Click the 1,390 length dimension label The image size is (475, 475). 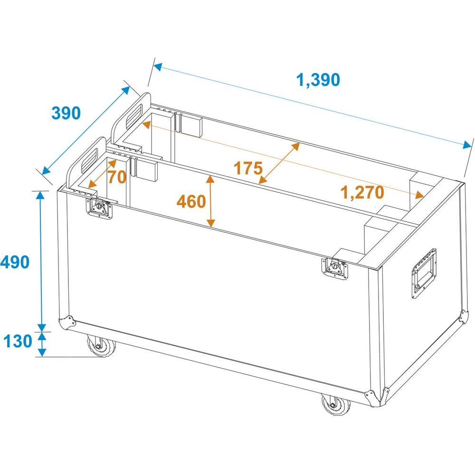point(318,80)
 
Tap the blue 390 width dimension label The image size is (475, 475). point(66,113)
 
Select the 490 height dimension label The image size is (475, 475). point(15,262)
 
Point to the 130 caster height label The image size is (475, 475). point(18,341)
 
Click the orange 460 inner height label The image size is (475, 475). point(191,201)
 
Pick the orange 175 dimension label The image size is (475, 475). point(248,168)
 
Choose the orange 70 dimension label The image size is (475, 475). point(117,177)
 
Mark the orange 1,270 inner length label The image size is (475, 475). point(362,193)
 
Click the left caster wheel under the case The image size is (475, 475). point(101,346)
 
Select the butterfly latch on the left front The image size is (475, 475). point(99,208)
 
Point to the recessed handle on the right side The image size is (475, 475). point(424,274)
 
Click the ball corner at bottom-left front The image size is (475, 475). point(66,323)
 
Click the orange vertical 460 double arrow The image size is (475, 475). point(210,201)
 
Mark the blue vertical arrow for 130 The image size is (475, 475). point(42,344)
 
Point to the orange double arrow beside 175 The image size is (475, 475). point(279,163)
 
